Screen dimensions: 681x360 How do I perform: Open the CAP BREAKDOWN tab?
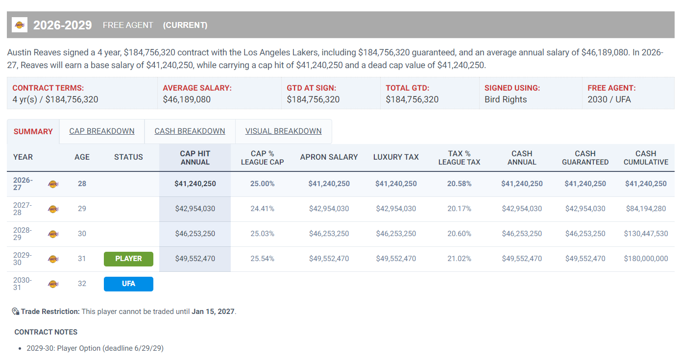point(101,131)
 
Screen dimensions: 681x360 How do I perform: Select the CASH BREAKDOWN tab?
point(190,131)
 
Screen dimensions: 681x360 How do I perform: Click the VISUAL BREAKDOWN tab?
point(283,131)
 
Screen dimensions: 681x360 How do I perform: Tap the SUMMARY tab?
point(33,131)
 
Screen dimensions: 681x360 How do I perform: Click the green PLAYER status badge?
point(128,259)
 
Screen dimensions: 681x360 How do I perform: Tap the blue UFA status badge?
point(128,284)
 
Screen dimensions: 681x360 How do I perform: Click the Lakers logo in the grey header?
point(20,25)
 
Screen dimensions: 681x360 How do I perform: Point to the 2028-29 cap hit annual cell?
point(195,234)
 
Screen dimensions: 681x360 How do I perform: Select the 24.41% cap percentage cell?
point(263,209)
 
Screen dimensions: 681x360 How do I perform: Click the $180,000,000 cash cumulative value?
point(646,259)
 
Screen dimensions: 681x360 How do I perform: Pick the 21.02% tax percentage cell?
point(459,259)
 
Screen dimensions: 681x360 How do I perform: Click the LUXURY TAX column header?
point(396,157)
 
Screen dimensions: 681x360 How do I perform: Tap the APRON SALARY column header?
point(329,157)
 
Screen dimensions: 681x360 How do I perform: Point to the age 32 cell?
point(82,284)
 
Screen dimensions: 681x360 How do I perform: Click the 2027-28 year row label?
point(23,209)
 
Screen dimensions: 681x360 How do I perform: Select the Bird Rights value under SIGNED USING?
point(506,99)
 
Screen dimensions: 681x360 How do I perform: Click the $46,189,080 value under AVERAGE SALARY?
point(187,99)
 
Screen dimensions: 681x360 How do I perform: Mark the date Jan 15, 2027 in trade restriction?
point(213,312)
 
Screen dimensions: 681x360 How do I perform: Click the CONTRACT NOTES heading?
point(46,332)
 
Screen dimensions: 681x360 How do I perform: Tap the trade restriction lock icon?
point(16,312)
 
